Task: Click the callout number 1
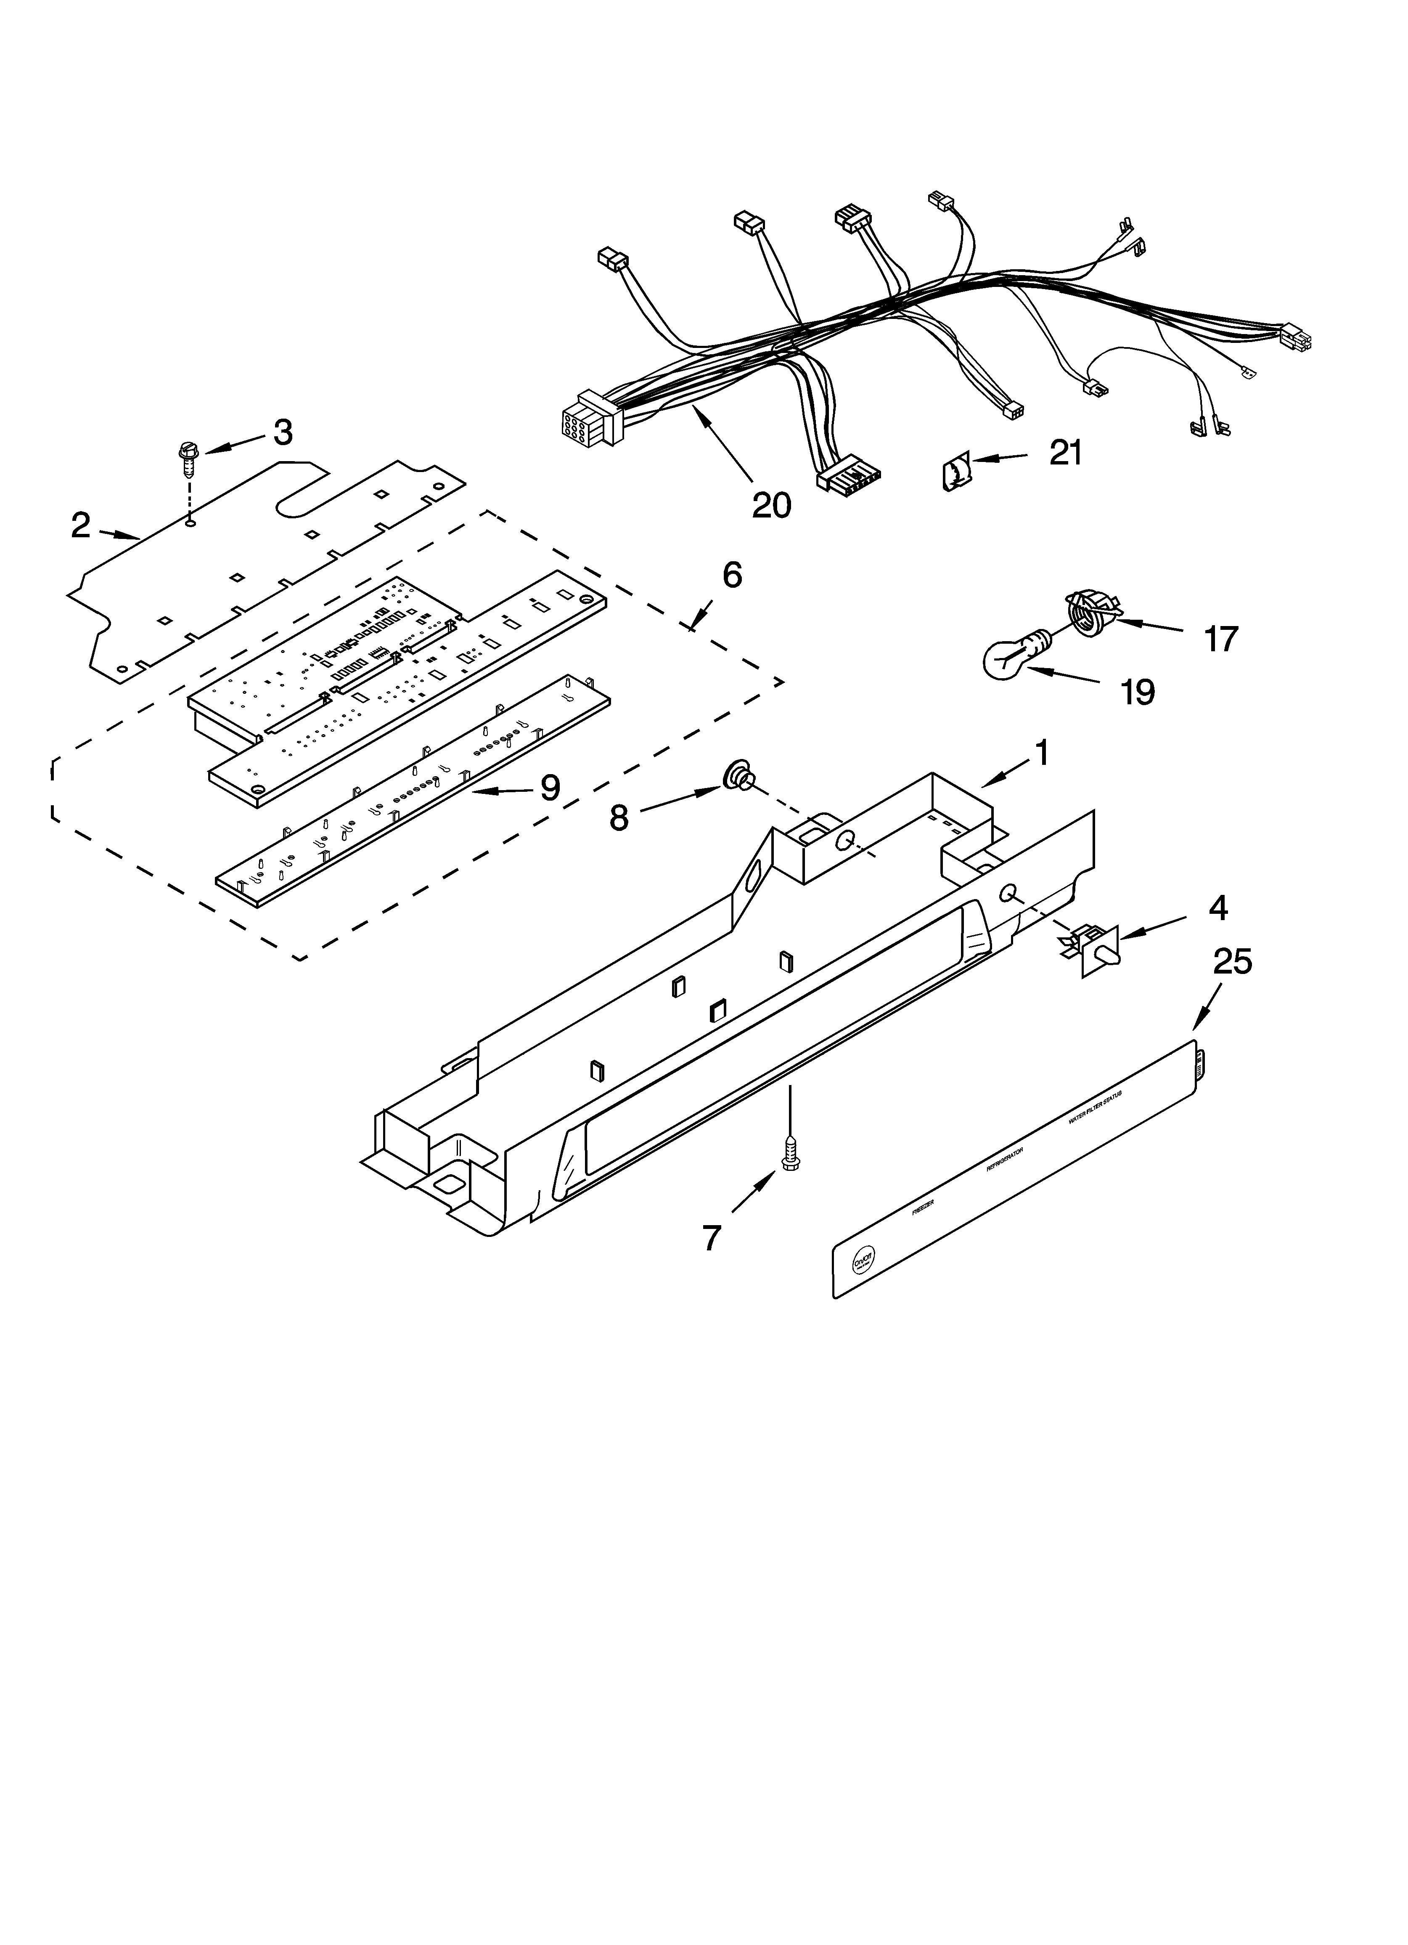1041,753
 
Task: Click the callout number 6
731,575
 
